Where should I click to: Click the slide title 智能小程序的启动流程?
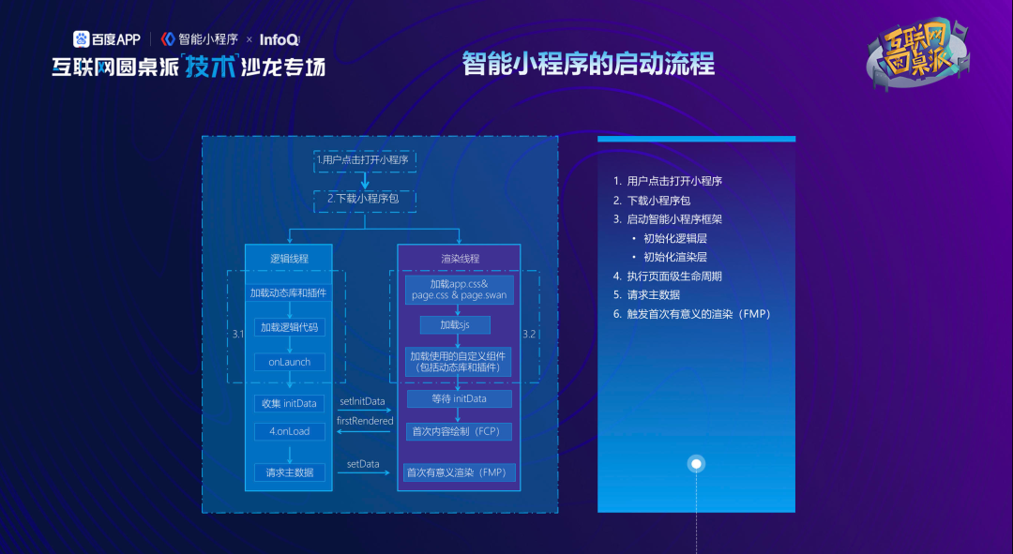coord(588,64)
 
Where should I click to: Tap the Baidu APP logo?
coord(107,39)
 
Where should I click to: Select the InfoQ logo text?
coord(279,39)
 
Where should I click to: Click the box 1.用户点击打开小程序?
coord(364,160)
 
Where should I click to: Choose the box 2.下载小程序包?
coord(364,199)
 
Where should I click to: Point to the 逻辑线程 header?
coord(289,259)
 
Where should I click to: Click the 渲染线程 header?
coord(460,259)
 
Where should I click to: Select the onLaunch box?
coord(289,362)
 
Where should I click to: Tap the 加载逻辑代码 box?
coord(289,327)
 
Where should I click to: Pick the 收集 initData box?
coord(289,403)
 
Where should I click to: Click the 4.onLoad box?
coord(289,431)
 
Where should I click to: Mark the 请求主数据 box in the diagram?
coord(289,472)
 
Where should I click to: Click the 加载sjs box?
coord(455,325)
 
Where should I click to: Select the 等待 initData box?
coord(460,399)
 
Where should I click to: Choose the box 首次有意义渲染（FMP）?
coord(460,472)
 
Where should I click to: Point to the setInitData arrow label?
coord(362,401)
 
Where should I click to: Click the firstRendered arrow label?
coord(364,421)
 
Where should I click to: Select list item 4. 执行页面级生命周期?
coord(668,277)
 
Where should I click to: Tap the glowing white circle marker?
coord(696,464)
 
